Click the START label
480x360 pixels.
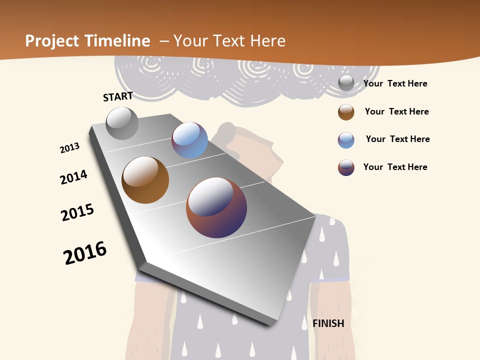[118, 96]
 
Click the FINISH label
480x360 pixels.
[328, 323]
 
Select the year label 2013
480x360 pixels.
[69, 148]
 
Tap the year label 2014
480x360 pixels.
[73, 177]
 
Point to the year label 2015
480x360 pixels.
[77, 212]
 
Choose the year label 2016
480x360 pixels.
[85, 252]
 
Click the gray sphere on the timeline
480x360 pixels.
[122, 123]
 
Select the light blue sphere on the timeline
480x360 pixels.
[189, 140]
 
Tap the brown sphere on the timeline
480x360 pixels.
[145, 180]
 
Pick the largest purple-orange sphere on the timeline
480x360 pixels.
[216, 207]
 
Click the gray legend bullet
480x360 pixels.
[346, 83]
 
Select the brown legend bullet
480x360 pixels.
[346, 112]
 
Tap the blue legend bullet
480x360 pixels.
[346, 140]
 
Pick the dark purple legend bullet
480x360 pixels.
[346, 167]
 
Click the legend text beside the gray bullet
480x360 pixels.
[395, 83]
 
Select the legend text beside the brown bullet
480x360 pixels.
[396, 111]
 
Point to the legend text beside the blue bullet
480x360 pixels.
[397, 139]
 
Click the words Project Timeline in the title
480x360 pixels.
[87, 41]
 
